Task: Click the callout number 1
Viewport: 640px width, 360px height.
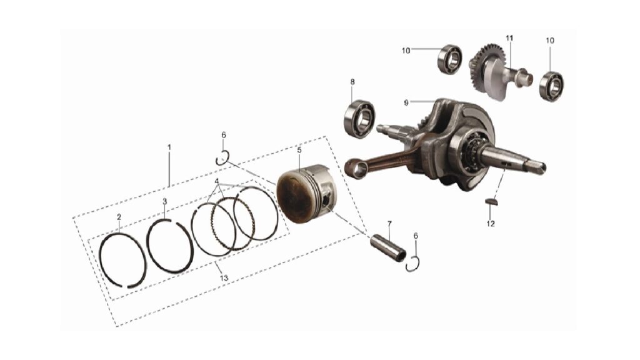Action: click(x=169, y=147)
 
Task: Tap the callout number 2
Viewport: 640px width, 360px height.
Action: click(x=119, y=217)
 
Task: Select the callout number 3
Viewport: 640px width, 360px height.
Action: click(x=164, y=202)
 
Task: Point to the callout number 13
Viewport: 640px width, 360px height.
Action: click(x=224, y=278)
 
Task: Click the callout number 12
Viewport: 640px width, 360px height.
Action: click(x=491, y=224)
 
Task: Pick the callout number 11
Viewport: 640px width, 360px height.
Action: click(x=509, y=38)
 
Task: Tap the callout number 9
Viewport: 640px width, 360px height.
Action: click(x=406, y=103)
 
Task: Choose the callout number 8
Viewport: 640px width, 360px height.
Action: click(x=352, y=82)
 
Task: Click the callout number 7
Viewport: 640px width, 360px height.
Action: click(x=389, y=224)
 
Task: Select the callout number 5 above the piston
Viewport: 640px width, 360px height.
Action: click(x=299, y=150)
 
